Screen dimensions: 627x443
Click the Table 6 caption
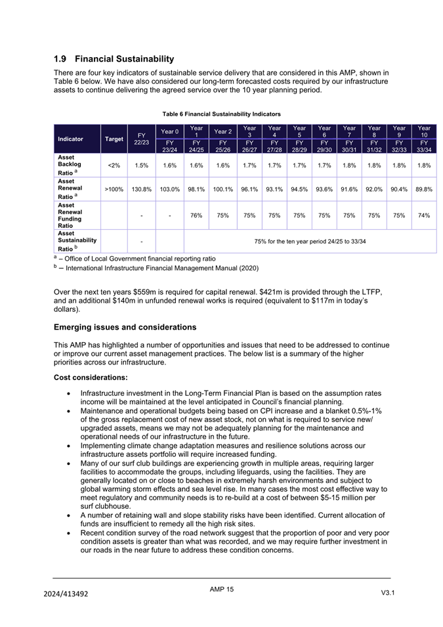coord(221,114)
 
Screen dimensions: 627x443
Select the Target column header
coord(114,139)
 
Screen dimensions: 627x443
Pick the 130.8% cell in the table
coord(142,188)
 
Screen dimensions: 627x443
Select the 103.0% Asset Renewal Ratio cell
coord(169,188)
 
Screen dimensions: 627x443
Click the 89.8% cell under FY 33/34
coord(423,188)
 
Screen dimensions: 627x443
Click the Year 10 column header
coord(423,131)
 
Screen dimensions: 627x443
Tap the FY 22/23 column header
coord(141,139)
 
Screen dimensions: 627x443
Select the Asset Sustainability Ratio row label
coord(77,241)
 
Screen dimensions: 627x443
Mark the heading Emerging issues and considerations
coord(125,327)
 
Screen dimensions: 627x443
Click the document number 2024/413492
coord(66,594)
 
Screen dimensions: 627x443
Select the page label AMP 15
coord(222,590)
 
